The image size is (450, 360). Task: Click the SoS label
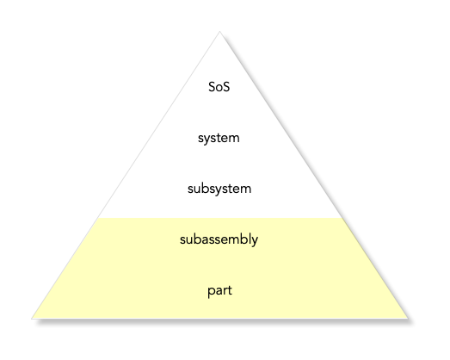coord(219,87)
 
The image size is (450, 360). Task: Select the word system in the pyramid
coord(219,139)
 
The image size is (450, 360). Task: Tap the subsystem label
coord(219,189)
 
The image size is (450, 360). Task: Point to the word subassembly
coord(219,239)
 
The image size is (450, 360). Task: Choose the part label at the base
coord(219,291)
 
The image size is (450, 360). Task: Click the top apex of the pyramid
coord(219,31)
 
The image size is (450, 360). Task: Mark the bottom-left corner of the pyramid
coord(32,318)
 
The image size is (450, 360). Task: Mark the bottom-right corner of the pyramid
coord(408,318)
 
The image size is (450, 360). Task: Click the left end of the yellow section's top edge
coord(98,218)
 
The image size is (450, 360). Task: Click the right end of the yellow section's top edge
coord(342,218)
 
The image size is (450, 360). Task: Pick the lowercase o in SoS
coord(219,88)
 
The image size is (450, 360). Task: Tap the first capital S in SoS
coord(212,87)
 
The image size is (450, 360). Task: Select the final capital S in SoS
coord(226,87)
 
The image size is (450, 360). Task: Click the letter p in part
coord(211,292)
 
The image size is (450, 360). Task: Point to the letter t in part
coord(230,290)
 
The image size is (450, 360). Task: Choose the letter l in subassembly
coord(247,239)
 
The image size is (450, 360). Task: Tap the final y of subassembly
coord(254,241)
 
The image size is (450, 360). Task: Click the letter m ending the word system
coord(234,139)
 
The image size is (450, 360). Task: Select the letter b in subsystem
coord(206,189)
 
